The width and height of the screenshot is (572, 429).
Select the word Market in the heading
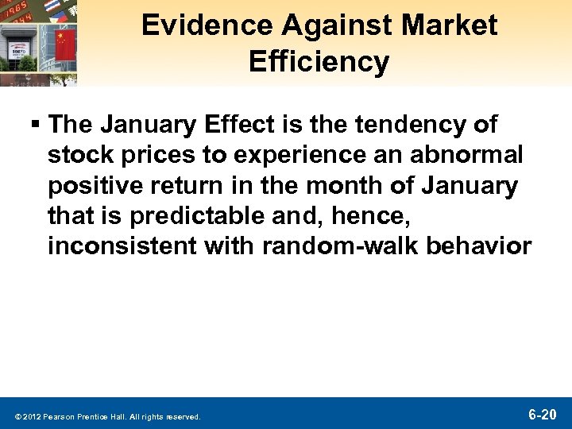[x=450, y=25]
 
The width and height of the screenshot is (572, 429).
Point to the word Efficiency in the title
[x=319, y=61]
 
